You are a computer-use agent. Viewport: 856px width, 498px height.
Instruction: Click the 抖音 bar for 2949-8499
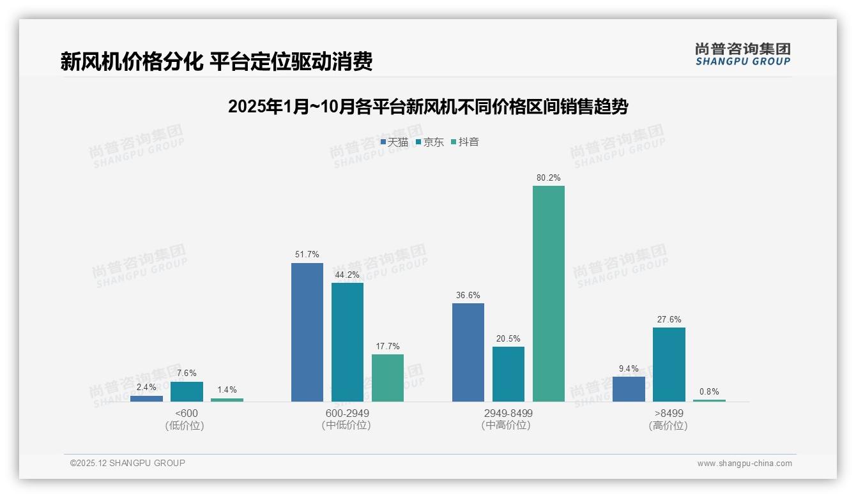(549, 294)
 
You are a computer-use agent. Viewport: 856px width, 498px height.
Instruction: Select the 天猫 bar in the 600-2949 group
(307, 332)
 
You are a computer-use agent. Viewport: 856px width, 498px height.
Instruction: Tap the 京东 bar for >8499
(669, 365)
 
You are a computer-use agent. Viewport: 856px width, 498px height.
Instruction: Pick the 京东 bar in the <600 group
(187, 391)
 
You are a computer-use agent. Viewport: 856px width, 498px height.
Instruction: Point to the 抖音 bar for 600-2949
(388, 378)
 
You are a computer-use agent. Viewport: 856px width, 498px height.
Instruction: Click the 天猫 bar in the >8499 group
(629, 389)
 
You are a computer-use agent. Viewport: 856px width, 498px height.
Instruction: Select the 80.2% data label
(549, 178)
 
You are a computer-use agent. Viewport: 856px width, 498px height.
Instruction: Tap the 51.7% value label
(307, 255)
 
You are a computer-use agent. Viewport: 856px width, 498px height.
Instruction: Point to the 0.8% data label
(709, 392)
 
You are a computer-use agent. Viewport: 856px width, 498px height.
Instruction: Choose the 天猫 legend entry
(394, 142)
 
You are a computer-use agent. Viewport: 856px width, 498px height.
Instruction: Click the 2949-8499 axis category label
(508, 413)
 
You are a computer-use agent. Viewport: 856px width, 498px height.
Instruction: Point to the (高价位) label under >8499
(669, 426)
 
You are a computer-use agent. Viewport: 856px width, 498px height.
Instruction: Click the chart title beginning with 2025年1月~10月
(428, 107)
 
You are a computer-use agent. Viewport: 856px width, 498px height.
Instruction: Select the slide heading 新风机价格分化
(217, 62)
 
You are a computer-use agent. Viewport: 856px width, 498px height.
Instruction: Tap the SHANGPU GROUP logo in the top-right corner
(743, 54)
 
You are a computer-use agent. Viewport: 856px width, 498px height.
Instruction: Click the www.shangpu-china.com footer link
(744, 464)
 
